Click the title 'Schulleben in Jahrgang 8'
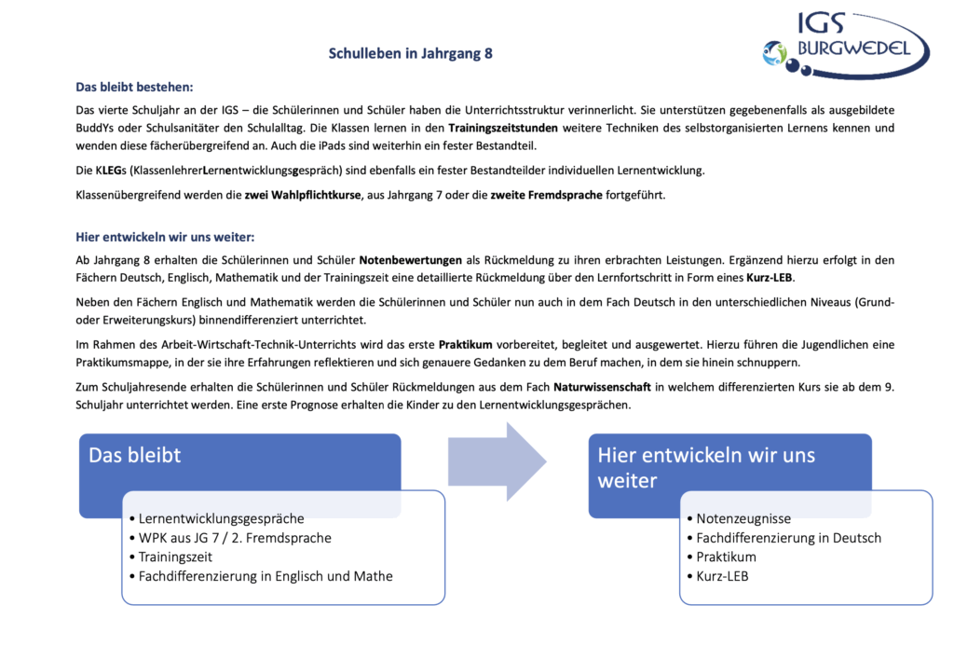click(410, 54)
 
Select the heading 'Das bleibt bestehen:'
click(134, 88)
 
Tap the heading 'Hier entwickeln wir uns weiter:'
click(165, 237)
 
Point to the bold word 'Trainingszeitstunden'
click(503, 128)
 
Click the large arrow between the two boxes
click(497, 461)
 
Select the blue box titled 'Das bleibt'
click(239, 457)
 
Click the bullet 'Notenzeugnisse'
click(743, 518)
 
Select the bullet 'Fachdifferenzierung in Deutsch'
click(788, 538)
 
